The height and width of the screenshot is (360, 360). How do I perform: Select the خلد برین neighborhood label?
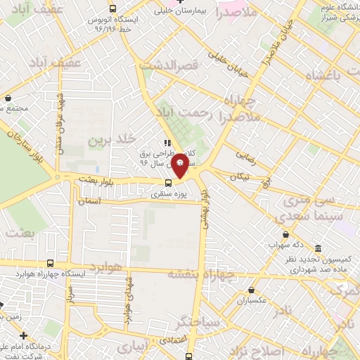110,141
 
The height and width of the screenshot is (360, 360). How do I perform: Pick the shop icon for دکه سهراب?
285,234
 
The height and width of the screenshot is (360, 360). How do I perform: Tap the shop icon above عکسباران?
252,289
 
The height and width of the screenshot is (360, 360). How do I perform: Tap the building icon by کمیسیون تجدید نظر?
318,249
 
